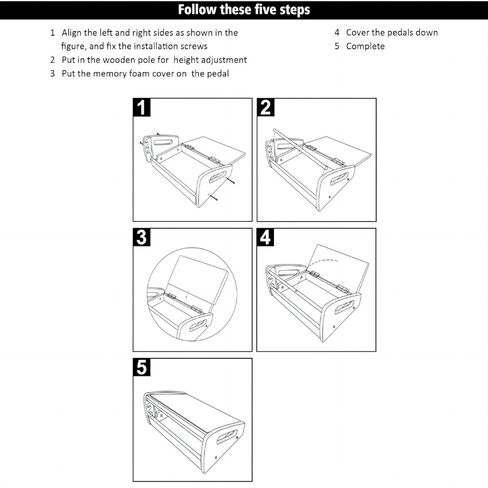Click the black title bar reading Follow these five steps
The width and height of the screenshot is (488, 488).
[x=243, y=10]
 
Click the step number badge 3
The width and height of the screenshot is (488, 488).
[x=143, y=238]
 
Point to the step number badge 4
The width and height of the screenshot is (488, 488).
[x=266, y=238]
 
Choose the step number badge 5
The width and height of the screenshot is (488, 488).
[x=143, y=367]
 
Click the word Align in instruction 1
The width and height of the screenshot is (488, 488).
[x=73, y=32]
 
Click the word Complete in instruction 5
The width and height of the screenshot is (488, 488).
[x=365, y=46]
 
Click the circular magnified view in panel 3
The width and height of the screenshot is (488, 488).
[x=190, y=290]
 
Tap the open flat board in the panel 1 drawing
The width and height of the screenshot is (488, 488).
[x=215, y=147]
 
